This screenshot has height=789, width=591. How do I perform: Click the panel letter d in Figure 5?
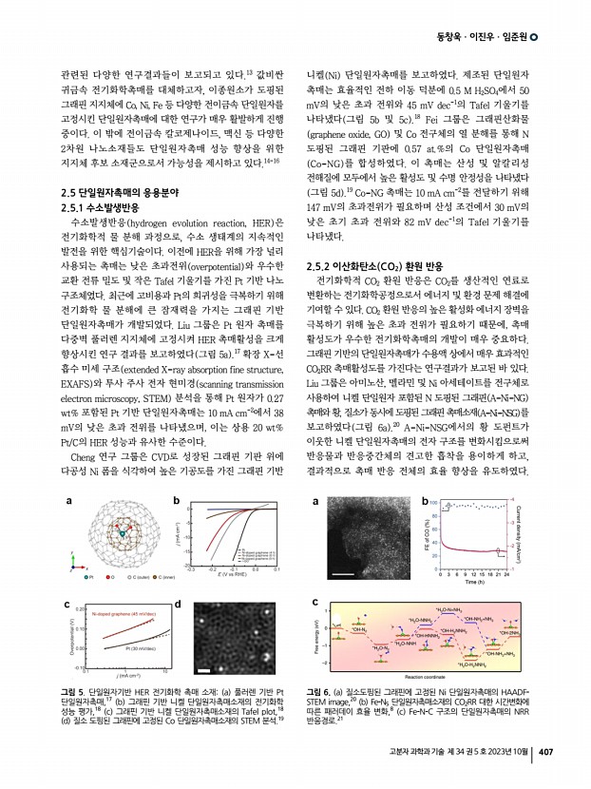pyautogui.click(x=179, y=603)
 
